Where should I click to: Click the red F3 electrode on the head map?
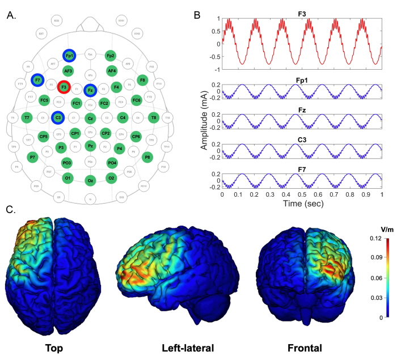click(x=64, y=87)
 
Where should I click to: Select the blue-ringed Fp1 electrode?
click(x=69, y=56)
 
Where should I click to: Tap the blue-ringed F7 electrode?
click(x=38, y=81)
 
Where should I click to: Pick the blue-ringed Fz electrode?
click(x=90, y=90)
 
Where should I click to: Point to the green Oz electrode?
click(x=90, y=180)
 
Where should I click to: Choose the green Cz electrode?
click(x=90, y=118)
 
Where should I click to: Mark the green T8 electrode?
click(x=153, y=117)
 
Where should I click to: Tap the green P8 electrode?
click(x=147, y=156)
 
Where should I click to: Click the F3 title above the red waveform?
click(x=302, y=9)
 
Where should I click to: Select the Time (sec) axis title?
click(x=302, y=203)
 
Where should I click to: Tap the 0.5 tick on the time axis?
click(x=302, y=194)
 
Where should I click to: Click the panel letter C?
click(x=9, y=209)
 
